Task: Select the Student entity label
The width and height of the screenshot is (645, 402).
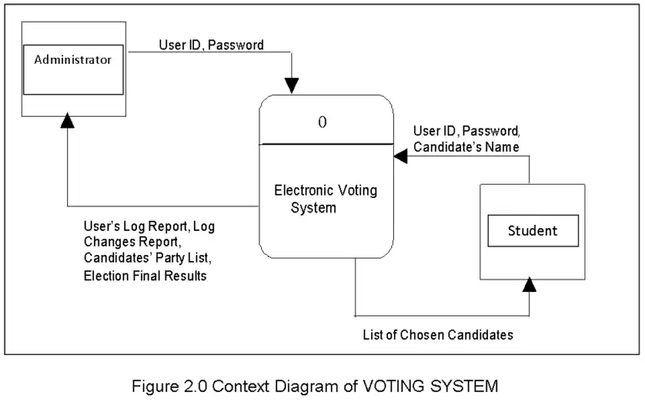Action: click(x=532, y=230)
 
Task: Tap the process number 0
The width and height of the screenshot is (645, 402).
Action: click(x=322, y=122)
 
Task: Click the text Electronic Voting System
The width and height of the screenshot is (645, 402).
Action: click(x=325, y=198)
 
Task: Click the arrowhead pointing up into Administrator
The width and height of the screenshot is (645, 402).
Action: click(x=68, y=122)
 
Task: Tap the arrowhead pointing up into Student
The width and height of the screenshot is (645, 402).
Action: click(x=529, y=285)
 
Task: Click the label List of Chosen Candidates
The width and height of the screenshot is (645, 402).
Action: click(x=438, y=335)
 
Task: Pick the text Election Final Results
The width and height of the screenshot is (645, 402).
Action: click(x=144, y=276)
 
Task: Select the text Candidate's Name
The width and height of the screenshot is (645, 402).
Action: click(x=465, y=147)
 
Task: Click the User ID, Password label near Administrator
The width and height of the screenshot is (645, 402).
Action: click(x=211, y=44)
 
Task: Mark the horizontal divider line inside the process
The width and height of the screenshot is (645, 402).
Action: click(x=325, y=144)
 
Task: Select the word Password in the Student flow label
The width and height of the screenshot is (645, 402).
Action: click(x=491, y=132)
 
